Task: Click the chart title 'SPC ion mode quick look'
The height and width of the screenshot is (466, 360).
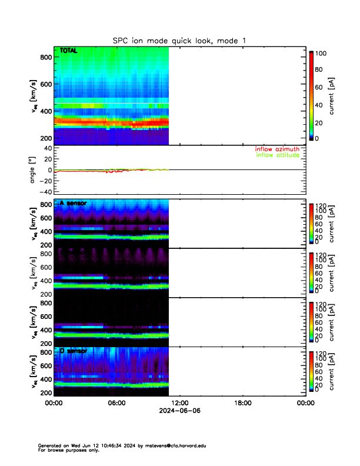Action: [179, 41]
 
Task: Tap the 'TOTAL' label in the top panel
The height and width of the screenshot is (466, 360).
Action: [68, 51]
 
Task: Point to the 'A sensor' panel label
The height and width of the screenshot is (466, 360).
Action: [74, 204]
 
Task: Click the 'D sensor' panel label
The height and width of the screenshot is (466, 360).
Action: [74, 351]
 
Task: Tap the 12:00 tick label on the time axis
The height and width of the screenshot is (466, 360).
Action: [179, 404]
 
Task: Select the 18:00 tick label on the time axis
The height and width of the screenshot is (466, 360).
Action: [242, 404]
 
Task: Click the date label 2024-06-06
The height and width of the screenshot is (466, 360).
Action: [179, 411]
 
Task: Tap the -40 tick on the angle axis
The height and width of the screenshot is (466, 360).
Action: [44, 191]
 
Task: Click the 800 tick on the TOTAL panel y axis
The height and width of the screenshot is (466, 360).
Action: [44, 57]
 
